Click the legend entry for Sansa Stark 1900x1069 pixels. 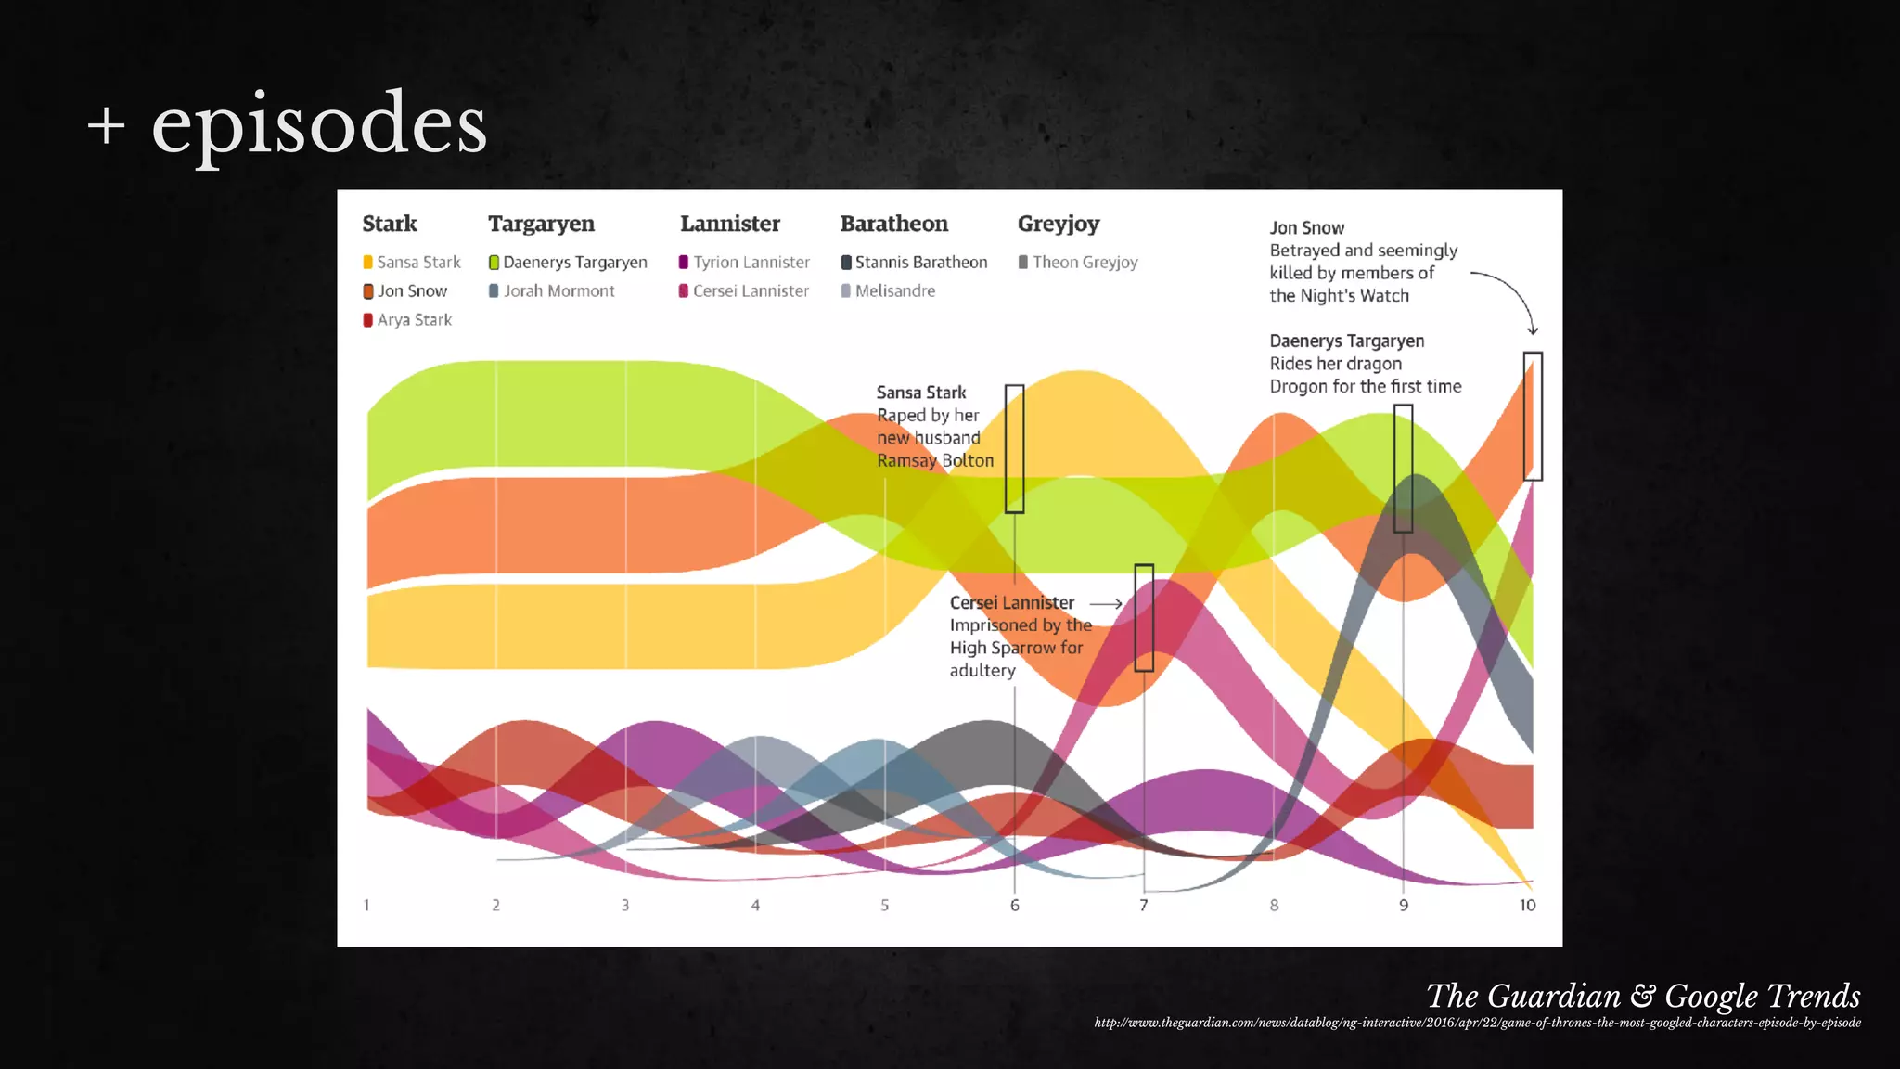412,263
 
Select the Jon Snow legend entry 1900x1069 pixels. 405,291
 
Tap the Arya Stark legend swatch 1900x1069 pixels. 368,320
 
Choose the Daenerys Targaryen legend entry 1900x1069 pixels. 568,263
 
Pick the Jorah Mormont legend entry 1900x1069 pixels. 552,291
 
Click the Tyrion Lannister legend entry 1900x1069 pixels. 744,263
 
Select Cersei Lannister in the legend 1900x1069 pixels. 744,291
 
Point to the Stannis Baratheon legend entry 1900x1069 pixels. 914,263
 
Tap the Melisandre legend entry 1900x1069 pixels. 888,291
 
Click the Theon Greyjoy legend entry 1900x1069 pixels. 1078,263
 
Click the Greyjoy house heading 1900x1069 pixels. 1059,224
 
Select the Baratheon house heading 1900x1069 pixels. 893,224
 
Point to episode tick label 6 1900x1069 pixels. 1015,905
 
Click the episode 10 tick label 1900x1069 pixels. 1527,905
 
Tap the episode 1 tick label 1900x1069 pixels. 366,905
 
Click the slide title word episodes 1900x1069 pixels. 319,125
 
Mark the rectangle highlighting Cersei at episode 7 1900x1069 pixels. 1144,617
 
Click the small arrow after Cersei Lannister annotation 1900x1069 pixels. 1106,604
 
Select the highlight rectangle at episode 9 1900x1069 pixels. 1403,469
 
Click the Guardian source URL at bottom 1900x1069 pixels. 1477,1023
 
